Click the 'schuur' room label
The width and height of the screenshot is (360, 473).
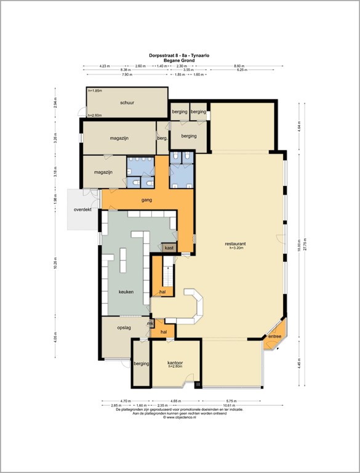tap(127, 102)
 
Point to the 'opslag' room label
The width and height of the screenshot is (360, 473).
tap(124, 328)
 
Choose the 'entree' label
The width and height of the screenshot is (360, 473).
tap(274, 336)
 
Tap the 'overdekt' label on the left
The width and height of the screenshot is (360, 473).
tap(82, 209)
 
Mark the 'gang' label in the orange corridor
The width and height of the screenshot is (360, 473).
tap(146, 200)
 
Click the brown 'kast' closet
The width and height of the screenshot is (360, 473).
tap(169, 247)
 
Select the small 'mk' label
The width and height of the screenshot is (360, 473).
tap(150, 323)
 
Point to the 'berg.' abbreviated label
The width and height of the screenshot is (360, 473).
tap(162, 139)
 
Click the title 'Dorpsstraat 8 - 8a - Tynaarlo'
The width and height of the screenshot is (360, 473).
tap(179, 54)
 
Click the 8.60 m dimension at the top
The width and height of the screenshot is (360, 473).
tap(239, 66)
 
